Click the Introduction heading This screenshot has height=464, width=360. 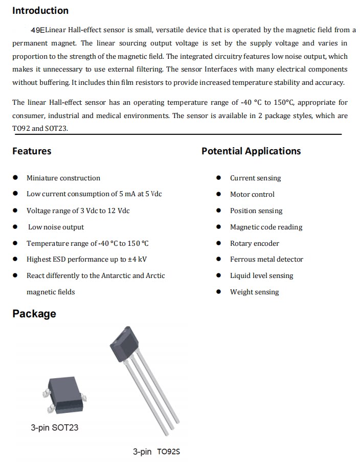point(40,11)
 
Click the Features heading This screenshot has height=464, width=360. point(32,151)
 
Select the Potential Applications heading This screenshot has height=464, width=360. point(251,151)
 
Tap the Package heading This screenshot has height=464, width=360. point(34,314)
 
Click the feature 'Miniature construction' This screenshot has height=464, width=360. point(63,178)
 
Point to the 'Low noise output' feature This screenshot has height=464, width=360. point(56,227)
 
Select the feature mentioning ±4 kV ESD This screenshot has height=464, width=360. point(87,260)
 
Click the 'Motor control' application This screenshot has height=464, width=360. point(252,195)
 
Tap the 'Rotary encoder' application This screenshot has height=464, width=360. point(255,244)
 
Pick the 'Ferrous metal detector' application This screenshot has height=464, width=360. point(266,260)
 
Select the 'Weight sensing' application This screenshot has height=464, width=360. point(254,292)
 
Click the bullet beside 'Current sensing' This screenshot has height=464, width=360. point(218,178)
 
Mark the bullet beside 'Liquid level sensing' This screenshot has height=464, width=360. point(218,276)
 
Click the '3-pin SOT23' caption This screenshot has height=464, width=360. point(55,428)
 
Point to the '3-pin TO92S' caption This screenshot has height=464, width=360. point(156,452)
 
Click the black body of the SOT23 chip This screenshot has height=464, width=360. point(66,395)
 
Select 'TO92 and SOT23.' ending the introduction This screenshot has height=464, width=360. point(40,128)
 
